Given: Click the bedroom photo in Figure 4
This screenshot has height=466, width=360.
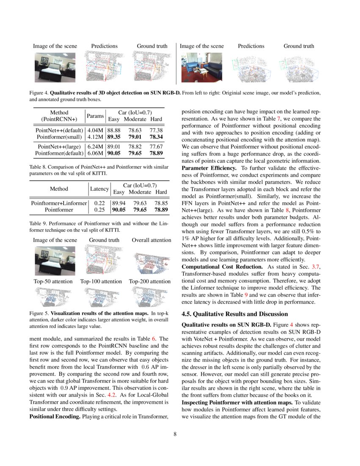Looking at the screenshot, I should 55,67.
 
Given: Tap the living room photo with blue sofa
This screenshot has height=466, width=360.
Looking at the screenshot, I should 202,67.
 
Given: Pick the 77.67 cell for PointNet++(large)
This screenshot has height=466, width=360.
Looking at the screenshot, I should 156,147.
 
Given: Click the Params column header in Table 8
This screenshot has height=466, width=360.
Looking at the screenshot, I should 95,116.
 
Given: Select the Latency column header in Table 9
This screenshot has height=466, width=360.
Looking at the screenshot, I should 100,189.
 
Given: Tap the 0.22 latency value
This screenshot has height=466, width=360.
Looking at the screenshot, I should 100,203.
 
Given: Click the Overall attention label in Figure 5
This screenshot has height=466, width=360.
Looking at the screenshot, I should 151,240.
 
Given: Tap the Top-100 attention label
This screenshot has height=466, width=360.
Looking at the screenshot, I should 101,281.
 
